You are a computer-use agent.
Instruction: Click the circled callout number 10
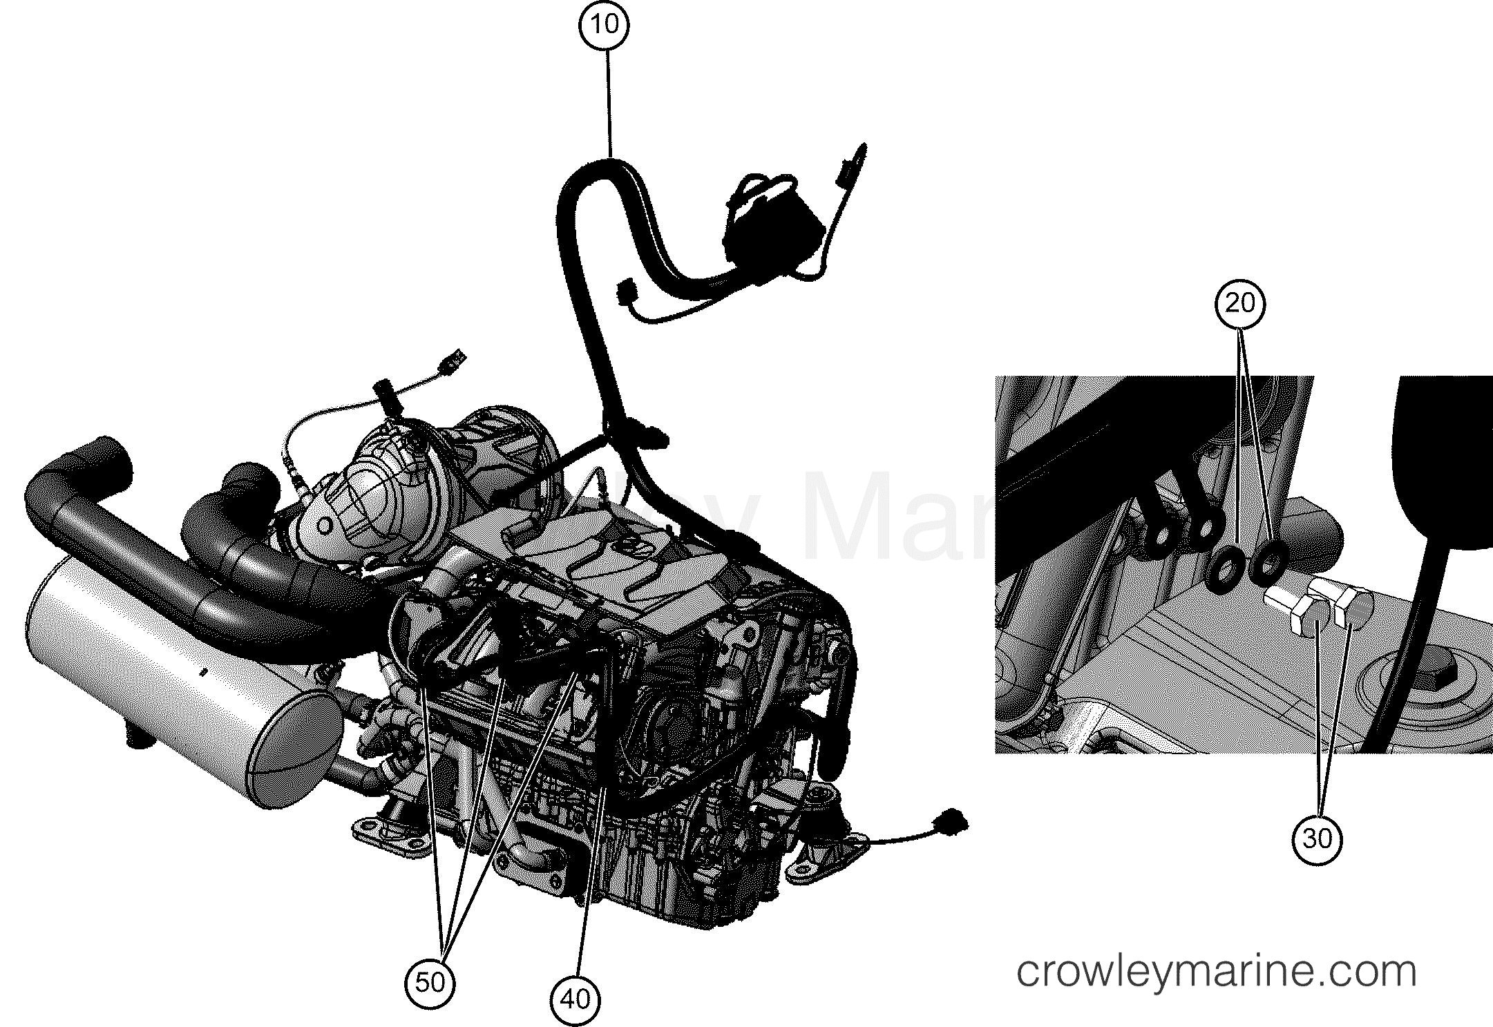pyautogui.click(x=603, y=24)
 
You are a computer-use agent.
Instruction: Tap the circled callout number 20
pyautogui.click(x=1241, y=303)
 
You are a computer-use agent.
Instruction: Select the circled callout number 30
pyautogui.click(x=1317, y=838)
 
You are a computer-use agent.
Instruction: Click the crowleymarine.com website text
pyautogui.click(x=1217, y=971)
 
